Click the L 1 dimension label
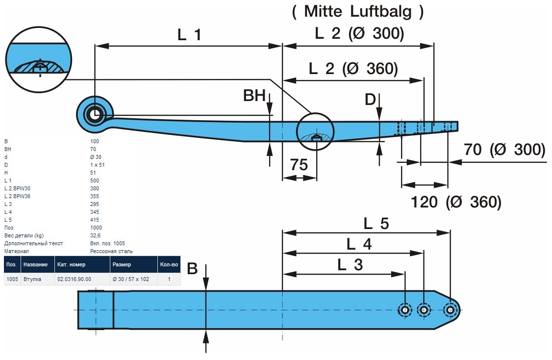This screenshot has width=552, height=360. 189,35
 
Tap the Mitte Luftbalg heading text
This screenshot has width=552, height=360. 358,11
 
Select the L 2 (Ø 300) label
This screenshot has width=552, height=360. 359,33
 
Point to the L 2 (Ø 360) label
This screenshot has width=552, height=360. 353,69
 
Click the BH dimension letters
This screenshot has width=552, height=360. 254,96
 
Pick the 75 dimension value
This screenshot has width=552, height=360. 299,165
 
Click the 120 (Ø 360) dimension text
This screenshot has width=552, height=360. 455,202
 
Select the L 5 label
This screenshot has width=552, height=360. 376,224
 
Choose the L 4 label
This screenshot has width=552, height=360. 359,244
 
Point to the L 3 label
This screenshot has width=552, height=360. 350,265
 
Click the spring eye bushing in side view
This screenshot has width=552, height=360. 94,114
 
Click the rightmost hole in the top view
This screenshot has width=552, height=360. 450,309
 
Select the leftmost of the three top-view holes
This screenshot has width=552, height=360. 405,309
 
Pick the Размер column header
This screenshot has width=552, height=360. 122,264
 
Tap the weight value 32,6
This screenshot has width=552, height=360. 95,235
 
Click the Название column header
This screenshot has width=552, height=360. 35,264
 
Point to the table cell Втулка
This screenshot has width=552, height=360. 32,279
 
